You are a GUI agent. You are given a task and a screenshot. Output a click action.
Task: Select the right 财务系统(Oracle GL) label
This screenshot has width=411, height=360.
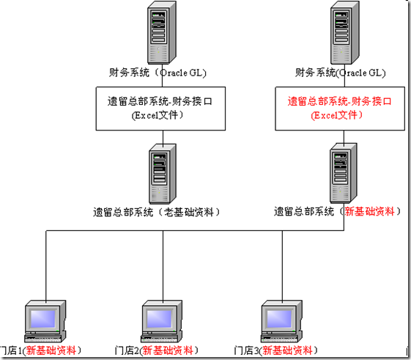[341, 73]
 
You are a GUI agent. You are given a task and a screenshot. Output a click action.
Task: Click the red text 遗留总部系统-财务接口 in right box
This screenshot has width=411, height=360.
[341, 102]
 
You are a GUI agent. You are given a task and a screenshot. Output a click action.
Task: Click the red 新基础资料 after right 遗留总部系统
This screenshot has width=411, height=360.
[372, 211]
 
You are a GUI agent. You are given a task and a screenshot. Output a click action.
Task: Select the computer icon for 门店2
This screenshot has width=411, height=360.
[160, 320]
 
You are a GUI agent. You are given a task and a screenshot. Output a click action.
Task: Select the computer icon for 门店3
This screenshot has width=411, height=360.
[281, 320]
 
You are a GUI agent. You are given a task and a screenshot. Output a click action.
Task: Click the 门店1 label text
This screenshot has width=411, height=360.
[12, 350]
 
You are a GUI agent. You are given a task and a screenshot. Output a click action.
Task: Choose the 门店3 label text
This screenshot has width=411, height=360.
[246, 350]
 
